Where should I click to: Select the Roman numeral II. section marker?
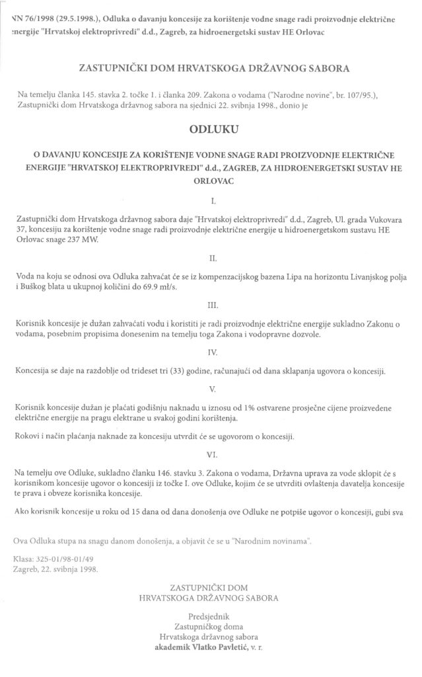[211, 252]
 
